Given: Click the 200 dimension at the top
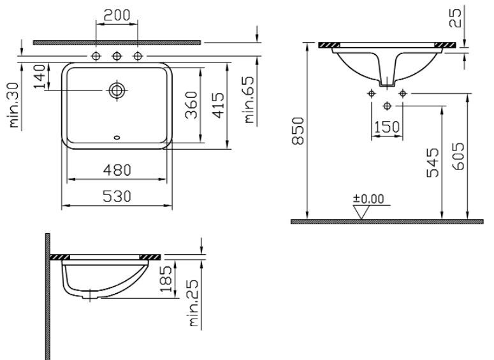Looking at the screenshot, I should click(117, 15).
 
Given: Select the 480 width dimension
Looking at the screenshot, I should click(117, 170).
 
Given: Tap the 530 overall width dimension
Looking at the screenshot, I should click(117, 197).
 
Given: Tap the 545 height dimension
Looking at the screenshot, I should click(433, 162).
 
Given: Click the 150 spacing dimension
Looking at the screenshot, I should click(387, 127).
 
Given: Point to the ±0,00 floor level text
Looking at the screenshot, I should click(369, 199).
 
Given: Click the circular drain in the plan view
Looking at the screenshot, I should click(117, 90).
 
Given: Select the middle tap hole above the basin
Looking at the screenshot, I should click(117, 57).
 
